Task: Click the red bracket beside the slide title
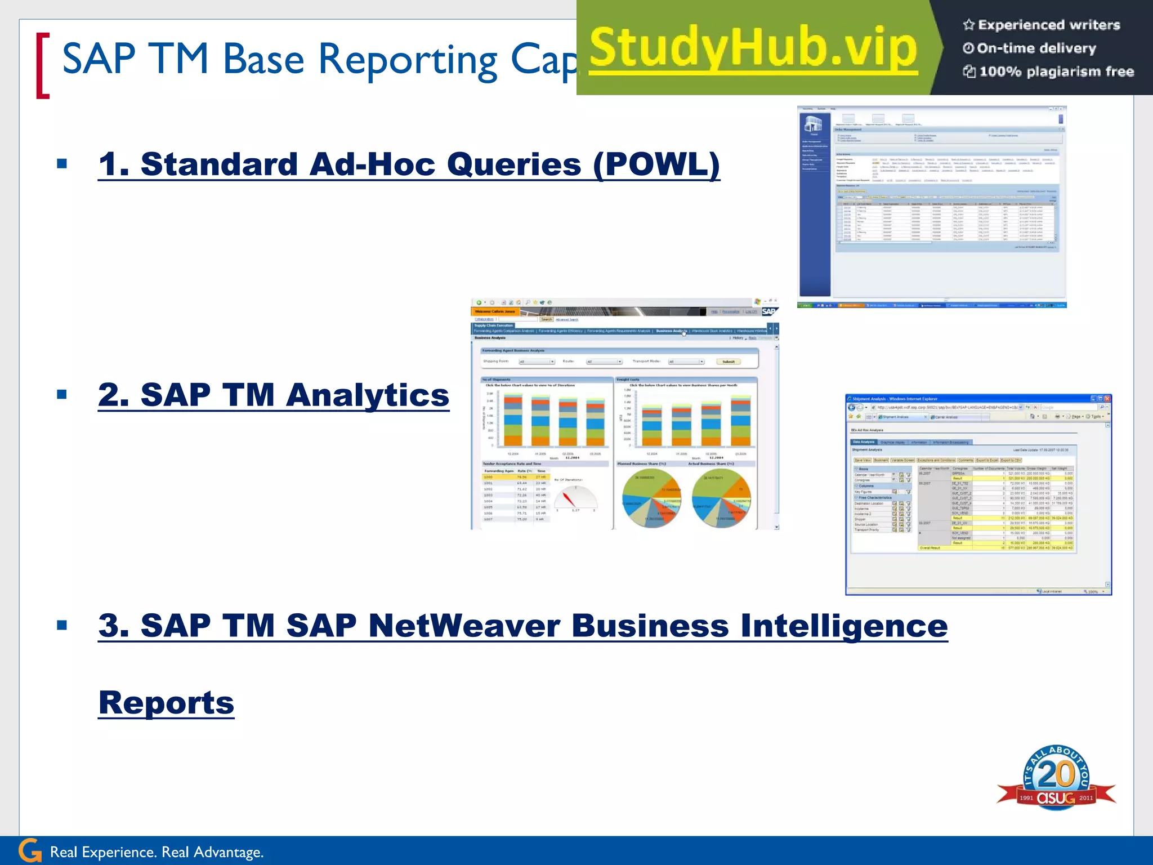coord(42,66)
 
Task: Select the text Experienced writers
coord(1048,25)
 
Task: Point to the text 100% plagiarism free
coord(1056,72)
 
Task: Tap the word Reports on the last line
coord(166,702)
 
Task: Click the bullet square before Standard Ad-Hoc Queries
coord(62,164)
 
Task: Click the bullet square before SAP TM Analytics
coord(62,395)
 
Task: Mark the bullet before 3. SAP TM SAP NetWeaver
coord(62,625)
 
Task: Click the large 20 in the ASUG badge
coord(1056,775)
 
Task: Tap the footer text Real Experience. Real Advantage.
coord(157,852)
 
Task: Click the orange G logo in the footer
coord(30,851)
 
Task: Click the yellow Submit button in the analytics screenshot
coord(729,362)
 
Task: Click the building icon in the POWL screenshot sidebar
coord(814,124)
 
